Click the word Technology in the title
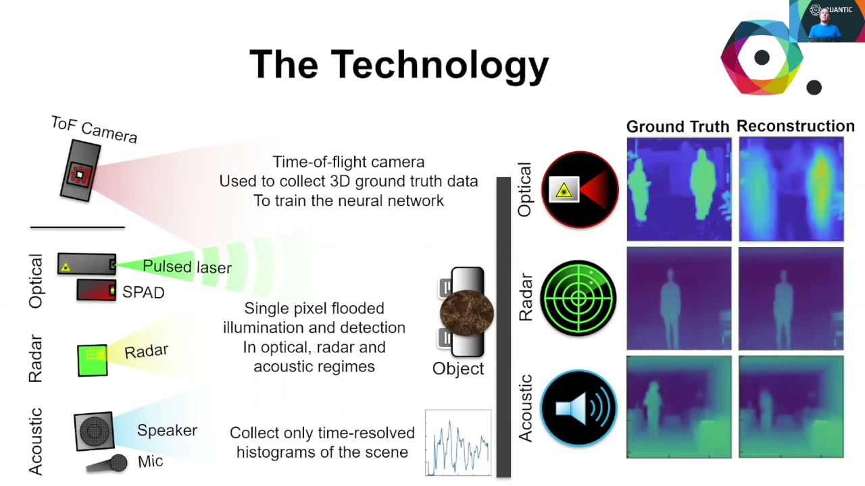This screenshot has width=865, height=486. [439, 65]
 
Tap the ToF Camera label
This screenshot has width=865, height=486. [95, 130]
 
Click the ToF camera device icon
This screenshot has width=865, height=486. [80, 171]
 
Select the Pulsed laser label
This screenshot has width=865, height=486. [187, 267]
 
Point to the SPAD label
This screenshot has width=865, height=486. [143, 292]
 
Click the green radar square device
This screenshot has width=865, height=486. [93, 360]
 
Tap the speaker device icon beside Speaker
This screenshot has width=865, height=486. [94, 431]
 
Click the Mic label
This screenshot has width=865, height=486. [150, 462]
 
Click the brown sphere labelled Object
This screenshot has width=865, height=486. [466, 313]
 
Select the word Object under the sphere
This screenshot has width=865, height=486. [458, 369]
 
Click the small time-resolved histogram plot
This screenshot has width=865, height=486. [458, 443]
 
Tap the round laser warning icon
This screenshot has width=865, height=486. [580, 190]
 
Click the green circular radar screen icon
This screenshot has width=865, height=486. [579, 298]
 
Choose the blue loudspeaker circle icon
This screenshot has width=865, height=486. [579, 408]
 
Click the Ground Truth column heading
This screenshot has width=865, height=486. [678, 127]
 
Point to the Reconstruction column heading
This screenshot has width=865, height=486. [795, 126]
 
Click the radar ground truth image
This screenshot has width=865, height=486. [678, 298]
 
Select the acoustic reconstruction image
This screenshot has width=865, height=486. [791, 408]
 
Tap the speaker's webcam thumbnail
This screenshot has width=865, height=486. [826, 21]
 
